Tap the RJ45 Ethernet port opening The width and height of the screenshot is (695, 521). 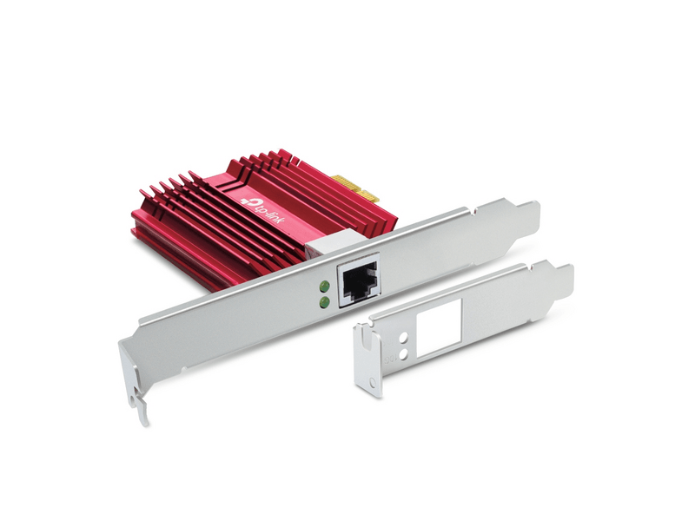pyautogui.click(x=356, y=280)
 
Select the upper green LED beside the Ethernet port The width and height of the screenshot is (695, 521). pyautogui.click(x=324, y=286)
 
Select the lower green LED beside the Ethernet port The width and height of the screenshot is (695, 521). pyautogui.click(x=324, y=302)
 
